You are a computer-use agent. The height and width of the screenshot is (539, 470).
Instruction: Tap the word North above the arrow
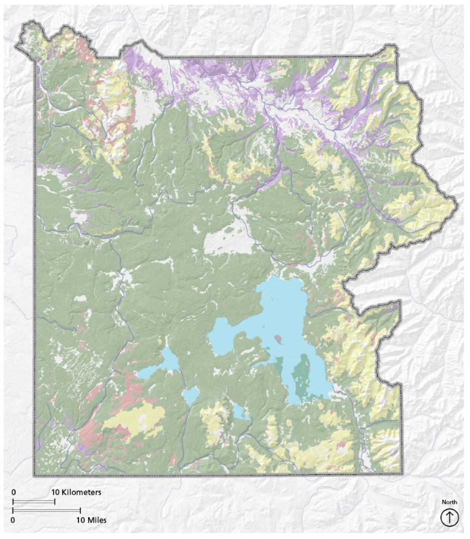pyautogui.click(x=449, y=502)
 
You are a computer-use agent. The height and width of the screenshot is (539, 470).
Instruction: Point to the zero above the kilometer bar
pyautogui.click(x=14, y=492)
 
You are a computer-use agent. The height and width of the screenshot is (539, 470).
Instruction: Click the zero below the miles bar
pyautogui.click(x=14, y=520)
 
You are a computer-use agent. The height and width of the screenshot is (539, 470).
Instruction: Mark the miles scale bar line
pyautogui.click(x=47, y=511)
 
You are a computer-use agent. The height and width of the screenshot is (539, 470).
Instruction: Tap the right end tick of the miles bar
pyautogui.click(x=80, y=511)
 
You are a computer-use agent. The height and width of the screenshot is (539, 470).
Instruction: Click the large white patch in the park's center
pyautogui.click(x=228, y=243)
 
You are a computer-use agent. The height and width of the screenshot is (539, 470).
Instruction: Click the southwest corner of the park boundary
pyautogui.click(x=35, y=475)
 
